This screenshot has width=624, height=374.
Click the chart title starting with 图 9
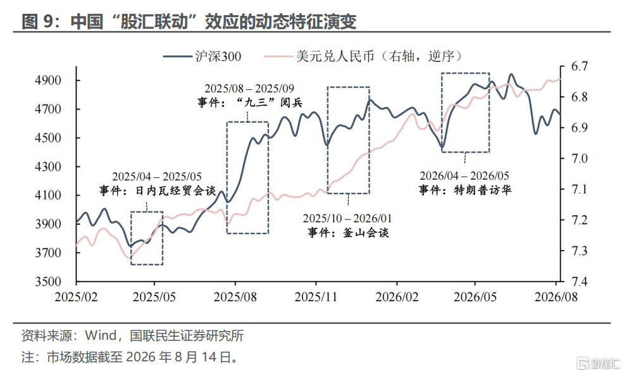(189, 21)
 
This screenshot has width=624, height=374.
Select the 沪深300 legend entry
(202, 56)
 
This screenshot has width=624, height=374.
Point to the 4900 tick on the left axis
(48, 80)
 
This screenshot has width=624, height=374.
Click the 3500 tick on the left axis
(48, 282)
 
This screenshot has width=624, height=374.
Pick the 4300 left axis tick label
(48, 166)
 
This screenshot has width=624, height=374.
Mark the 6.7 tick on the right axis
(579, 66)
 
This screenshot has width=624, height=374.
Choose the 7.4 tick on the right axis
(579, 282)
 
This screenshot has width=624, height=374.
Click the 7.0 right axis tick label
(579, 158)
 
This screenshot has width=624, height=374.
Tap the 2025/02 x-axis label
(76, 297)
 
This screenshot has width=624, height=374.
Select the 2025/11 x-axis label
(316, 297)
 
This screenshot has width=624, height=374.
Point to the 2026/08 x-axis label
(556, 297)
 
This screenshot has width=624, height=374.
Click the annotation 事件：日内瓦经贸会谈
(158, 190)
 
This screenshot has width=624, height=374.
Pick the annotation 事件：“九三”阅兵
(250, 103)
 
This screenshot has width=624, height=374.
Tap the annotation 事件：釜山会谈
(348, 233)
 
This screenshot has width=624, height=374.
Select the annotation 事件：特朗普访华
(465, 190)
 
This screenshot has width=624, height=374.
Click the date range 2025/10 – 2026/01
(347, 218)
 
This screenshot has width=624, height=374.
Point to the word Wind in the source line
(101, 335)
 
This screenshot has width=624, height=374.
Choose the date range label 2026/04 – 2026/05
(465, 175)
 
